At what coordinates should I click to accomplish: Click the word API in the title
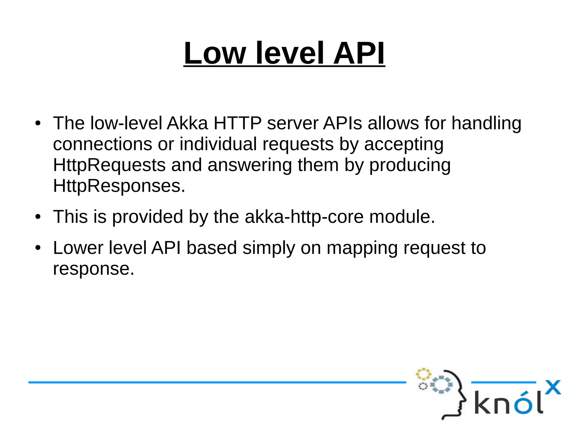coord(359,53)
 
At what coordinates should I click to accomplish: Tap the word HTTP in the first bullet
coord(237,123)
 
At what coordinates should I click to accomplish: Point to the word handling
coord(486,123)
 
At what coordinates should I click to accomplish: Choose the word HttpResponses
coord(119,186)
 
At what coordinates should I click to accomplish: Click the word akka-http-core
coord(304,217)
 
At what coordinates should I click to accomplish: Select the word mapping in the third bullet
coord(362,248)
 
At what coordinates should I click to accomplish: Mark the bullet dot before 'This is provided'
coord(38,217)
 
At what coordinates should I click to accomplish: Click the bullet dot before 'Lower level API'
coord(38,248)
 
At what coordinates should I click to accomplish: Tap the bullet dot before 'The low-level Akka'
coord(38,123)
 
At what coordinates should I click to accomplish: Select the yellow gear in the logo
coord(423,374)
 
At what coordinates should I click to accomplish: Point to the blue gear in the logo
coord(441,385)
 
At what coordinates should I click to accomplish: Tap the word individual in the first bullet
coord(218,144)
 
